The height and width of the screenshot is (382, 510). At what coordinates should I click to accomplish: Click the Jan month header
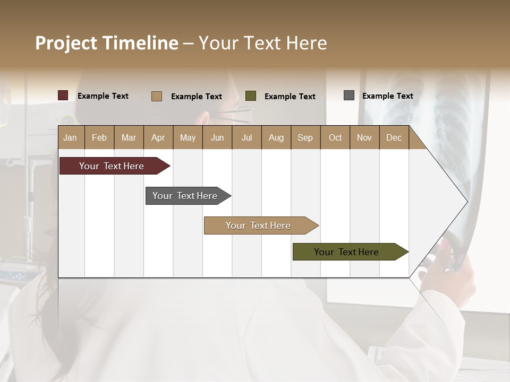[71, 137]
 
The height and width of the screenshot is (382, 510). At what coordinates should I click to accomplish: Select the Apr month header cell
[158, 137]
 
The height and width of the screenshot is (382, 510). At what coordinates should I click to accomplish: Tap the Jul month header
[246, 137]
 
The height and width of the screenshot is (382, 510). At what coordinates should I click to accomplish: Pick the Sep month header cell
[305, 137]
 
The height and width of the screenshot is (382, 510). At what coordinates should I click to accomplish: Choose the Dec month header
[394, 137]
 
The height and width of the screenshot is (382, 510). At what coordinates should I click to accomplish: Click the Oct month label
[335, 137]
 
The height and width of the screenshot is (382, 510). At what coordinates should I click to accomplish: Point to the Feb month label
[99, 137]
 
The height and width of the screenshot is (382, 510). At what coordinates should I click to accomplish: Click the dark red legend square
[63, 95]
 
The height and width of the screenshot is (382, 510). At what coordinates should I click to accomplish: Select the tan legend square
[157, 96]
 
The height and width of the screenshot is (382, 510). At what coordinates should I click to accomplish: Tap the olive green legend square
[251, 95]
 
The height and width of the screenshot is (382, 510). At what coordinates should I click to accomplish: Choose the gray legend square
[349, 95]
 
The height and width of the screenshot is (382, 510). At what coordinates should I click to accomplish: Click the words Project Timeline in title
[106, 43]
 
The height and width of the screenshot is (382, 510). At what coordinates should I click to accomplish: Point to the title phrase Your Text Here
[263, 43]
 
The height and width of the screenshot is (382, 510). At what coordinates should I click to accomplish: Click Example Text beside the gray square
[387, 96]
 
